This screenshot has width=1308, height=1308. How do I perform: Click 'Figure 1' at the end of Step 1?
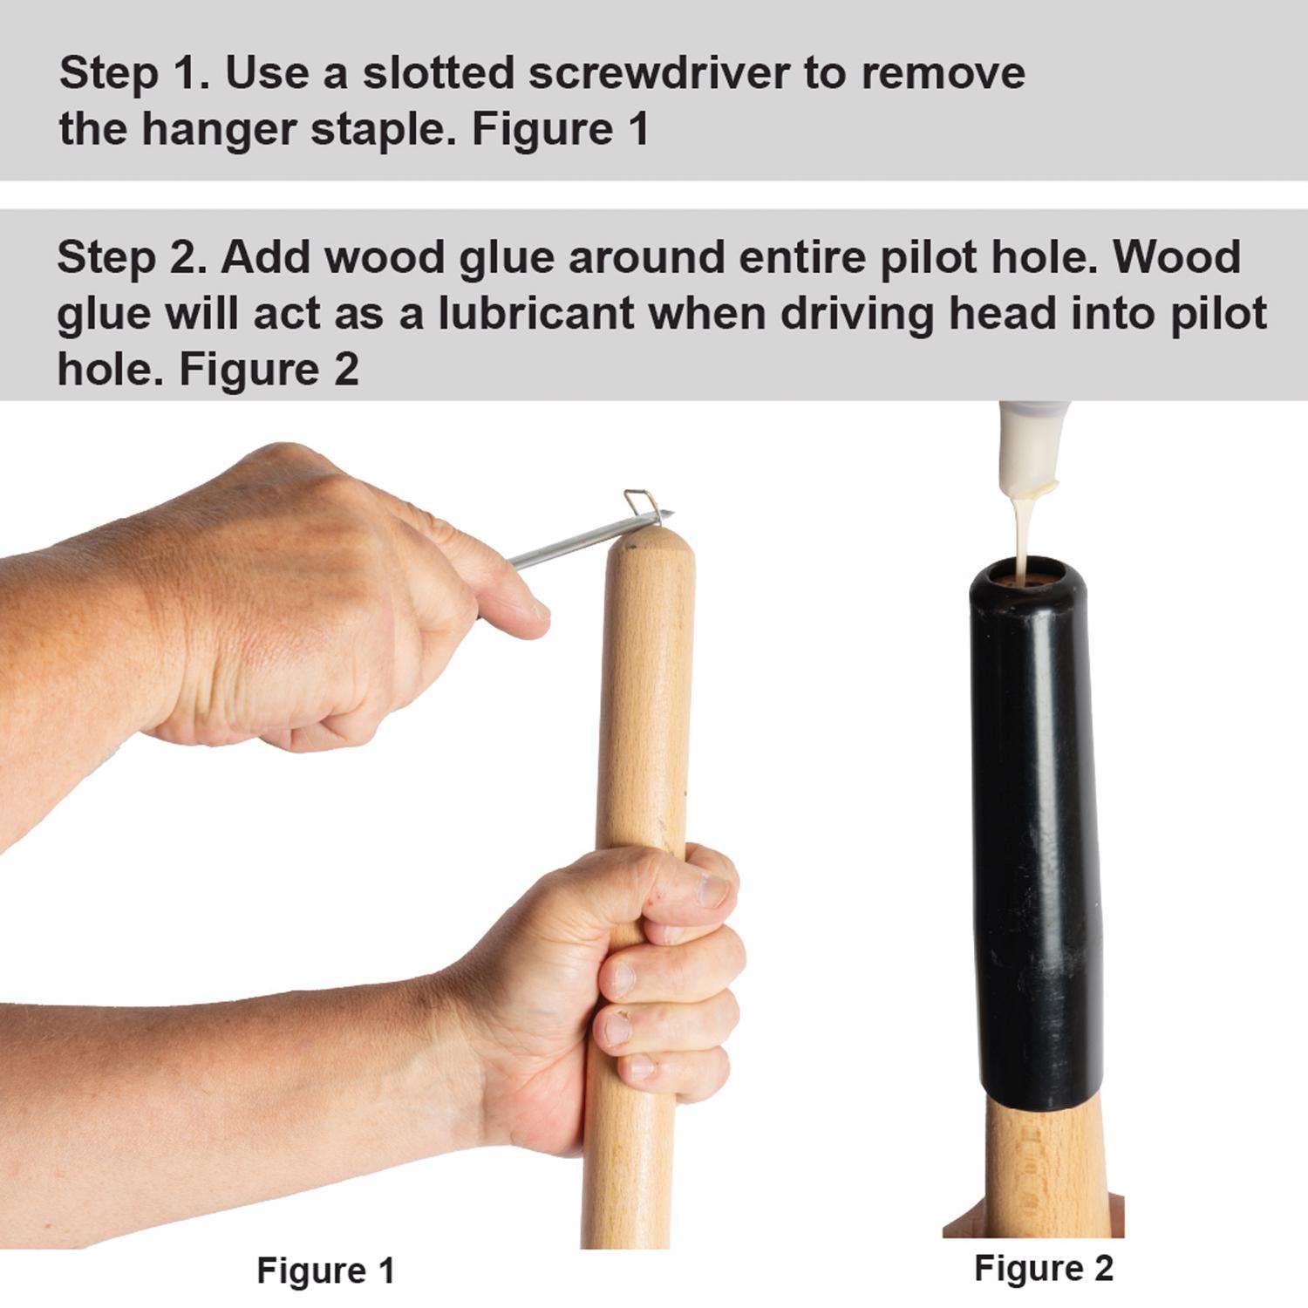[561, 130]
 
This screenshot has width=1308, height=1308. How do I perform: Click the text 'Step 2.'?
[133, 257]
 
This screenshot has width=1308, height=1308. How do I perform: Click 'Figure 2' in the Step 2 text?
[269, 369]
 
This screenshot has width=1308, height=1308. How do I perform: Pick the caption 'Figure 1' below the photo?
[325, 1271]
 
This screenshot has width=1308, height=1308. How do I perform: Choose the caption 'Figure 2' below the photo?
[1044, 1267]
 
